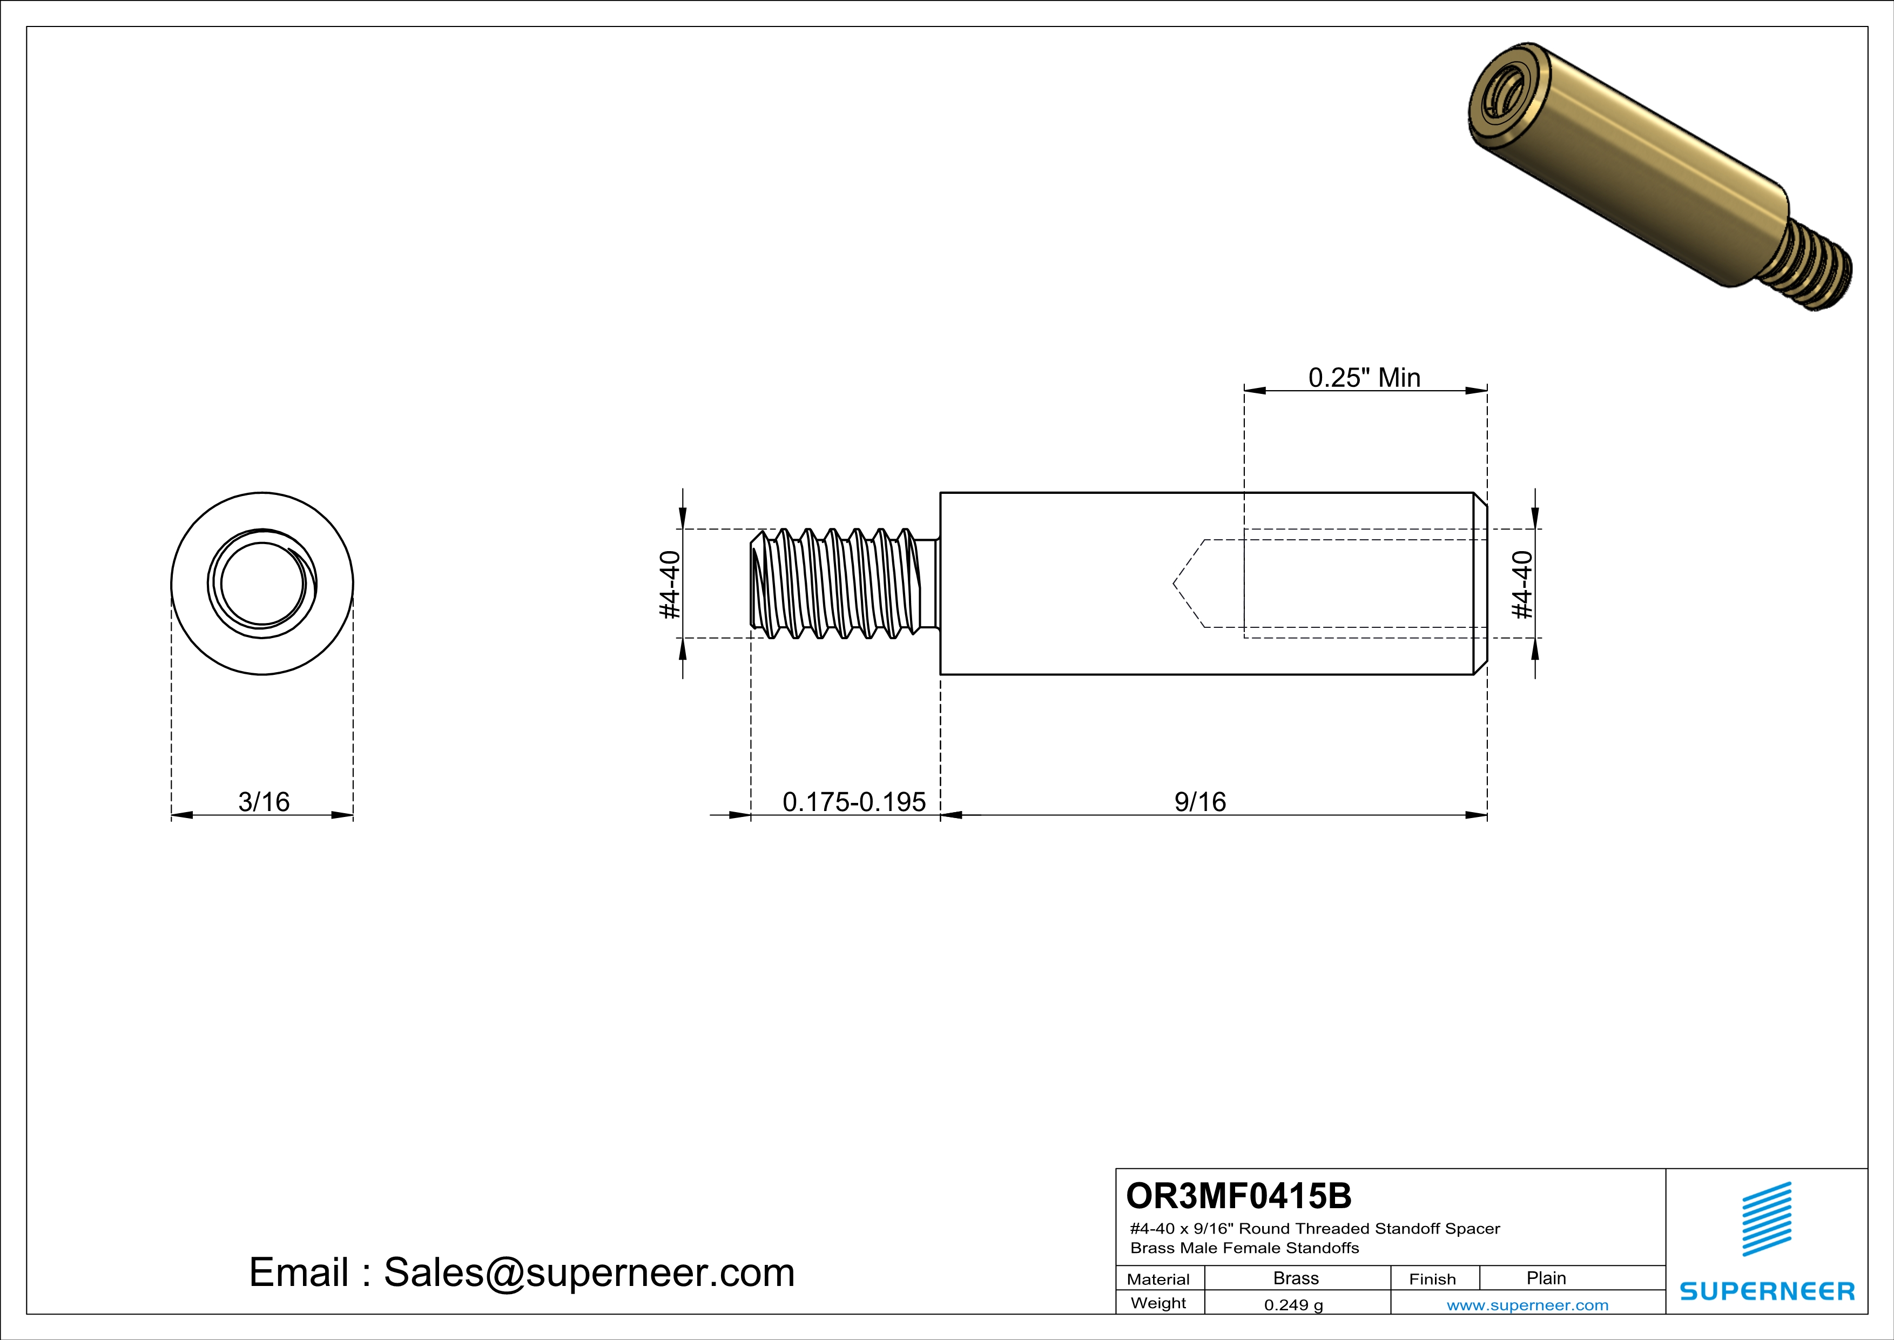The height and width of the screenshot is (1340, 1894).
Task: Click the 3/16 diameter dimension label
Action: (x=264, y=801)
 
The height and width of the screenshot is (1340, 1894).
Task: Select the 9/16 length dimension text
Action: (x=1199, y=801)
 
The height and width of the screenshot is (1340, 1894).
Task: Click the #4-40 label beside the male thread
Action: (x=670, y=584)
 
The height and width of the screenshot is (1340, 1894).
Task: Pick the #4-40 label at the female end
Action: (x=1522, y=584)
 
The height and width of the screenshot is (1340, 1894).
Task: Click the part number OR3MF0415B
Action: (x=1238, y=1196)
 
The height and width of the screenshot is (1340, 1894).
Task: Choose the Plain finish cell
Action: (x=1545, y=1278)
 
